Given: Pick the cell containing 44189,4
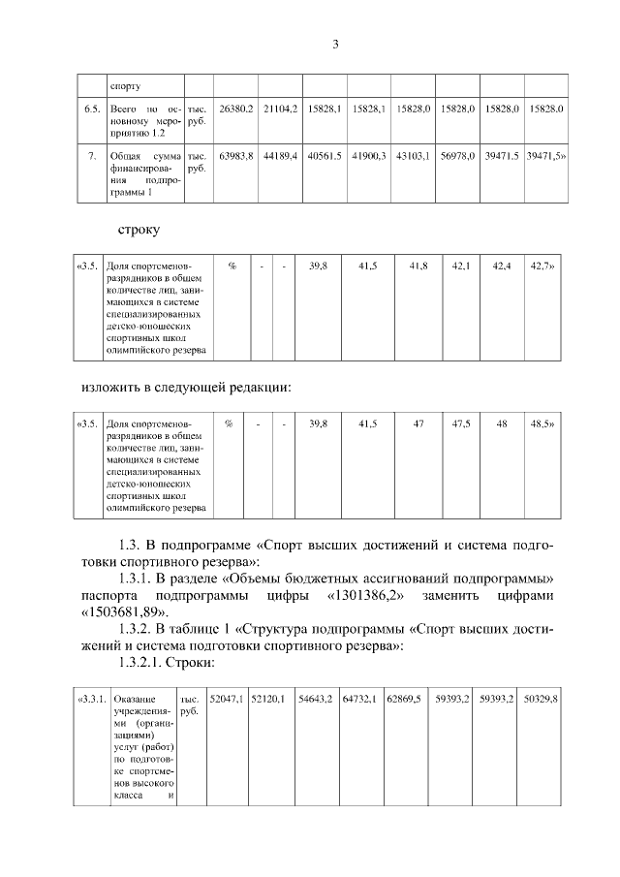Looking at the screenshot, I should pos(282,155).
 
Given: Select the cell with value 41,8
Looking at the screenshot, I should pos(418,265).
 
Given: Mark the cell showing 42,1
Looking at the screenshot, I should pos(460,265).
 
